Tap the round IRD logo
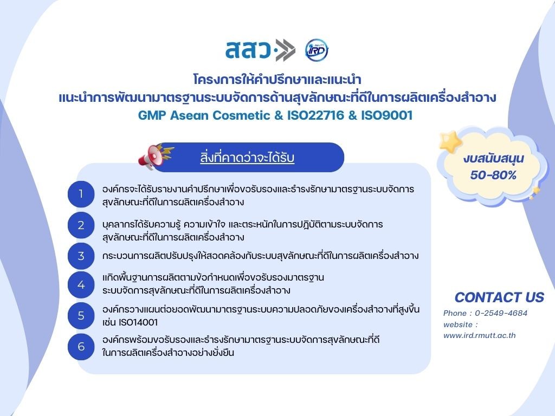coord(317,50)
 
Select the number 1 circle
coord(81,194)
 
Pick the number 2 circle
coord(81,225)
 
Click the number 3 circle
coord(81,256)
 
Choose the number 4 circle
coord(81,285)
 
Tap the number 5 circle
coord(81,316)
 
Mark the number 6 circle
coord(81,347)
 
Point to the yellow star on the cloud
coord(450,141)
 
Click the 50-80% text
coord(493,175)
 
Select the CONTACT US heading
coord(499,297)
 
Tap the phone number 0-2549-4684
coord(501,313)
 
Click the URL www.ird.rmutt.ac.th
coord(479,335)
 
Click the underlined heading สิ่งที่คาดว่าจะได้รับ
coord(247,158)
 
